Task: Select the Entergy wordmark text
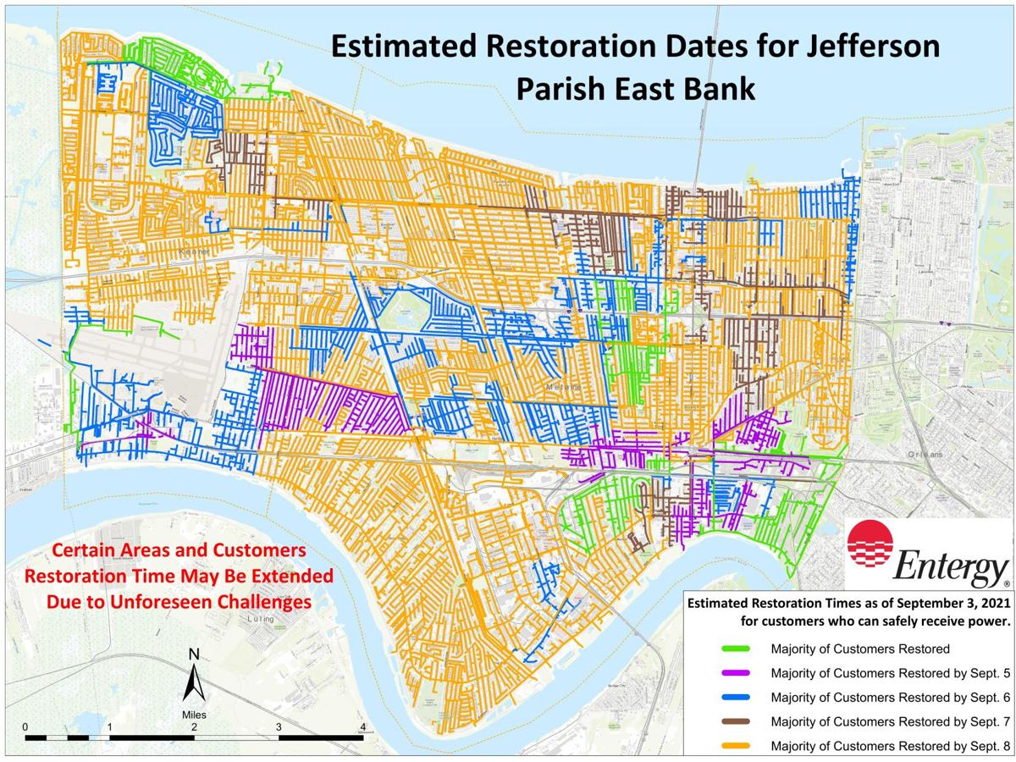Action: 951,568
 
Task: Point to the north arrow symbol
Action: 194,682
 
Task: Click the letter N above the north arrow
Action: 194,654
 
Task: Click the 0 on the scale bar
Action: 25,726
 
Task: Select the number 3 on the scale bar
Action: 279,726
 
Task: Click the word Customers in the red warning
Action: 257,550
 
